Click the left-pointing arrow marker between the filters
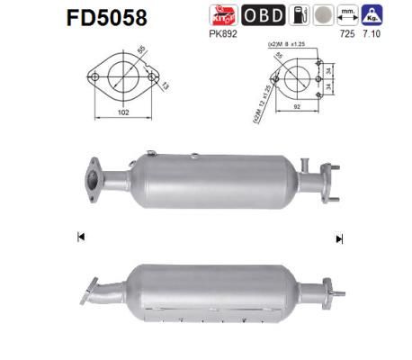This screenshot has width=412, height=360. [x=81, y=238]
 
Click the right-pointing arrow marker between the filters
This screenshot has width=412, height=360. [x=339, y=238]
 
